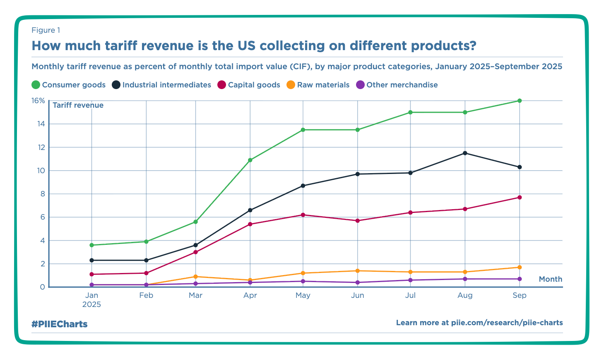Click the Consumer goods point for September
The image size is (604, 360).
(x=520, y=101)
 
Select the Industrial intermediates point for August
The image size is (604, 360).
(x=465, y=153)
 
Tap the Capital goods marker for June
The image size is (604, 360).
(x=357, y=221)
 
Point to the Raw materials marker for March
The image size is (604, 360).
(x=195, y=277)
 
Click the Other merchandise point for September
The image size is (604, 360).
(x=520, y=279)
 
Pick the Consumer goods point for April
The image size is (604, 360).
(x=250, y=160)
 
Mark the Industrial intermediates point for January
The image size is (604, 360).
(x=91, y=260)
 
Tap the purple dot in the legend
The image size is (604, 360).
(x=360, y=85)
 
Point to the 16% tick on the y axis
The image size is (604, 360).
(x=38, y=101)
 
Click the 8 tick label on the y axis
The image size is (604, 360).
(x=41, y=194)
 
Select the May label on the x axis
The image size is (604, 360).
(x=303, y=295)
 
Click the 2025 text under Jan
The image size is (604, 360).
(x=91, y=304)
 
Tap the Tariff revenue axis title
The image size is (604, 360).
(x=78, y=105)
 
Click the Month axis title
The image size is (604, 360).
(x=550, y=279)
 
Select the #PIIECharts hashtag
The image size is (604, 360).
(x=59, y=324)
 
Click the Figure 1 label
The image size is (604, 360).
(x=46, y=30)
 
